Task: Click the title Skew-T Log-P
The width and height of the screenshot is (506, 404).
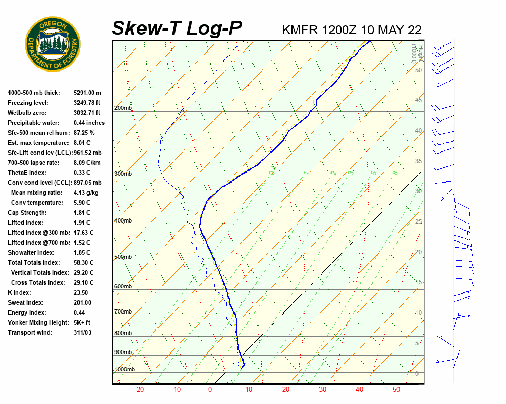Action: pyautogui.click(x=177, y=28)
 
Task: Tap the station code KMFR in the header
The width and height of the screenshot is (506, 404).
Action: pyautogui.click(x=300, y=29)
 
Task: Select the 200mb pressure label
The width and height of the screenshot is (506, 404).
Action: pyautogui.click(x=123, y=108)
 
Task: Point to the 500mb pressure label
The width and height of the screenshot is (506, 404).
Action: pyautogui.click(x=123, y=257)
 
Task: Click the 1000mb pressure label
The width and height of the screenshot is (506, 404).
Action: pyautogui.click(x=124, y=370)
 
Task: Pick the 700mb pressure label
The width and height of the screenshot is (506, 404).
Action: pyautogui.click(x=123, y=312)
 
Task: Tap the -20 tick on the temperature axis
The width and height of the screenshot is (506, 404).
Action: pyautogui.click(x=139, y=390)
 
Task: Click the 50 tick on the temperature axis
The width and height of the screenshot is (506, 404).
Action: pyautogui.click(x=396, y=390)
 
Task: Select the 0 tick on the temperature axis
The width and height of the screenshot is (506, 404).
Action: pyautogui.click(x=210, y=390)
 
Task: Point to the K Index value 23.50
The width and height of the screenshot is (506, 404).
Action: pyautogui.click(x=81, y=292)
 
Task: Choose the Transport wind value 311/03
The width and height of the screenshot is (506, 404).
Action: pyautogui.click(x=83, y=332)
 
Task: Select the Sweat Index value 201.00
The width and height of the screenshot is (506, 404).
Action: pyautogui.click(x=82, y=302)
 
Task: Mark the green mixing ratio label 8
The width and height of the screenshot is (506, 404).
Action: pyautogui.click(x=395, y=173)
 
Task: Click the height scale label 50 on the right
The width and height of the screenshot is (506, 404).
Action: pyautogui.click(x=418, y=70)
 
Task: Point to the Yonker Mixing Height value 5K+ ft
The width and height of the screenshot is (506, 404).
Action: pyautogui.click(x=82, y=322)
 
